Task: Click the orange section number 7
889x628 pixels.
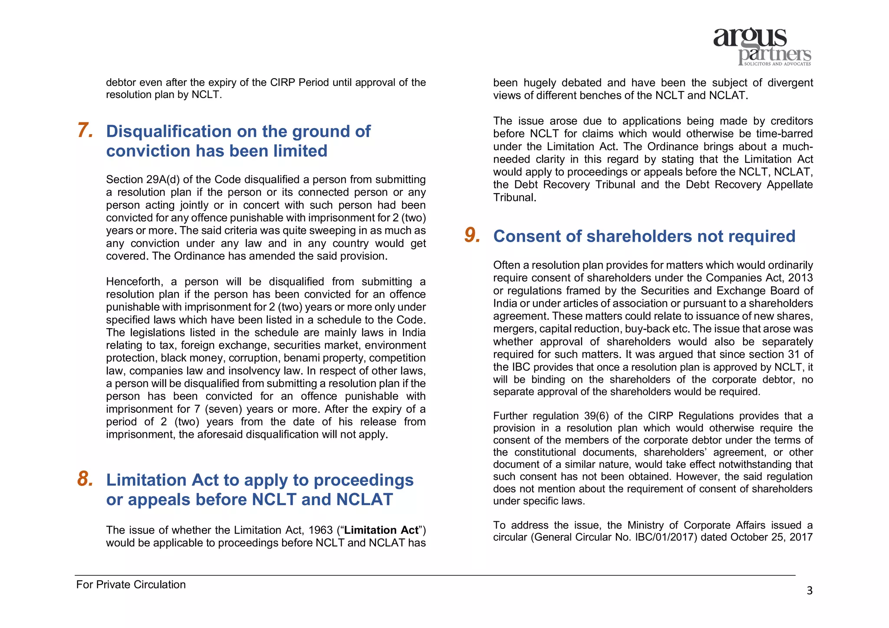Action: click(x=85, y=131)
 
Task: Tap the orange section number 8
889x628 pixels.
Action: click(x=85, y=479)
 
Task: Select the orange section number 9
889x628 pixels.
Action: click(x=472, y=235)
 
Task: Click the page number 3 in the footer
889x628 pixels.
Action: click(x=809, y=591)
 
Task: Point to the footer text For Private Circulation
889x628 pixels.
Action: click(x=131, y=585)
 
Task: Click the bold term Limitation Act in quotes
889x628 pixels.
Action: click(x=381, y=530)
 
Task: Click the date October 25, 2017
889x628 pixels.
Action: click(x=771, y=537)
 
